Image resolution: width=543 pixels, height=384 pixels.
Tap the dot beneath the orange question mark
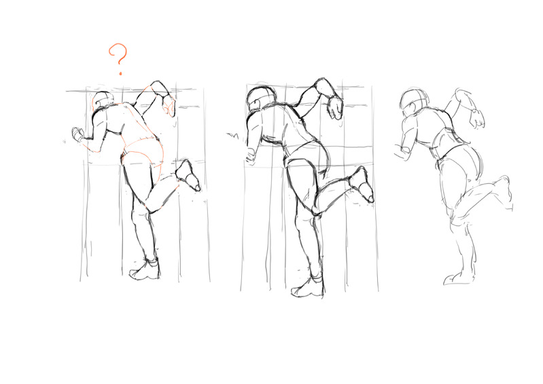(120, 73)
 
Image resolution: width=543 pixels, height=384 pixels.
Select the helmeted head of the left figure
(103, 100)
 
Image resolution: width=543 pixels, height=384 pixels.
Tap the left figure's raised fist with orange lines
(169, 105)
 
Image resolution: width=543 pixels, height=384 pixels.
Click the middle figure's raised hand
(335, 107)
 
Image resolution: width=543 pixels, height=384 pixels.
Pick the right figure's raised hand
(477, 117)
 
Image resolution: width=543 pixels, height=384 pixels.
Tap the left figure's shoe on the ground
(145, 269)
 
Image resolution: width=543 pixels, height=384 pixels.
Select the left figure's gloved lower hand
(77, 134)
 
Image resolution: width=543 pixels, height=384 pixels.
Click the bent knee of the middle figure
(316, 208)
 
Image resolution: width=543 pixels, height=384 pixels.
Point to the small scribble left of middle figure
(232, 135)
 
